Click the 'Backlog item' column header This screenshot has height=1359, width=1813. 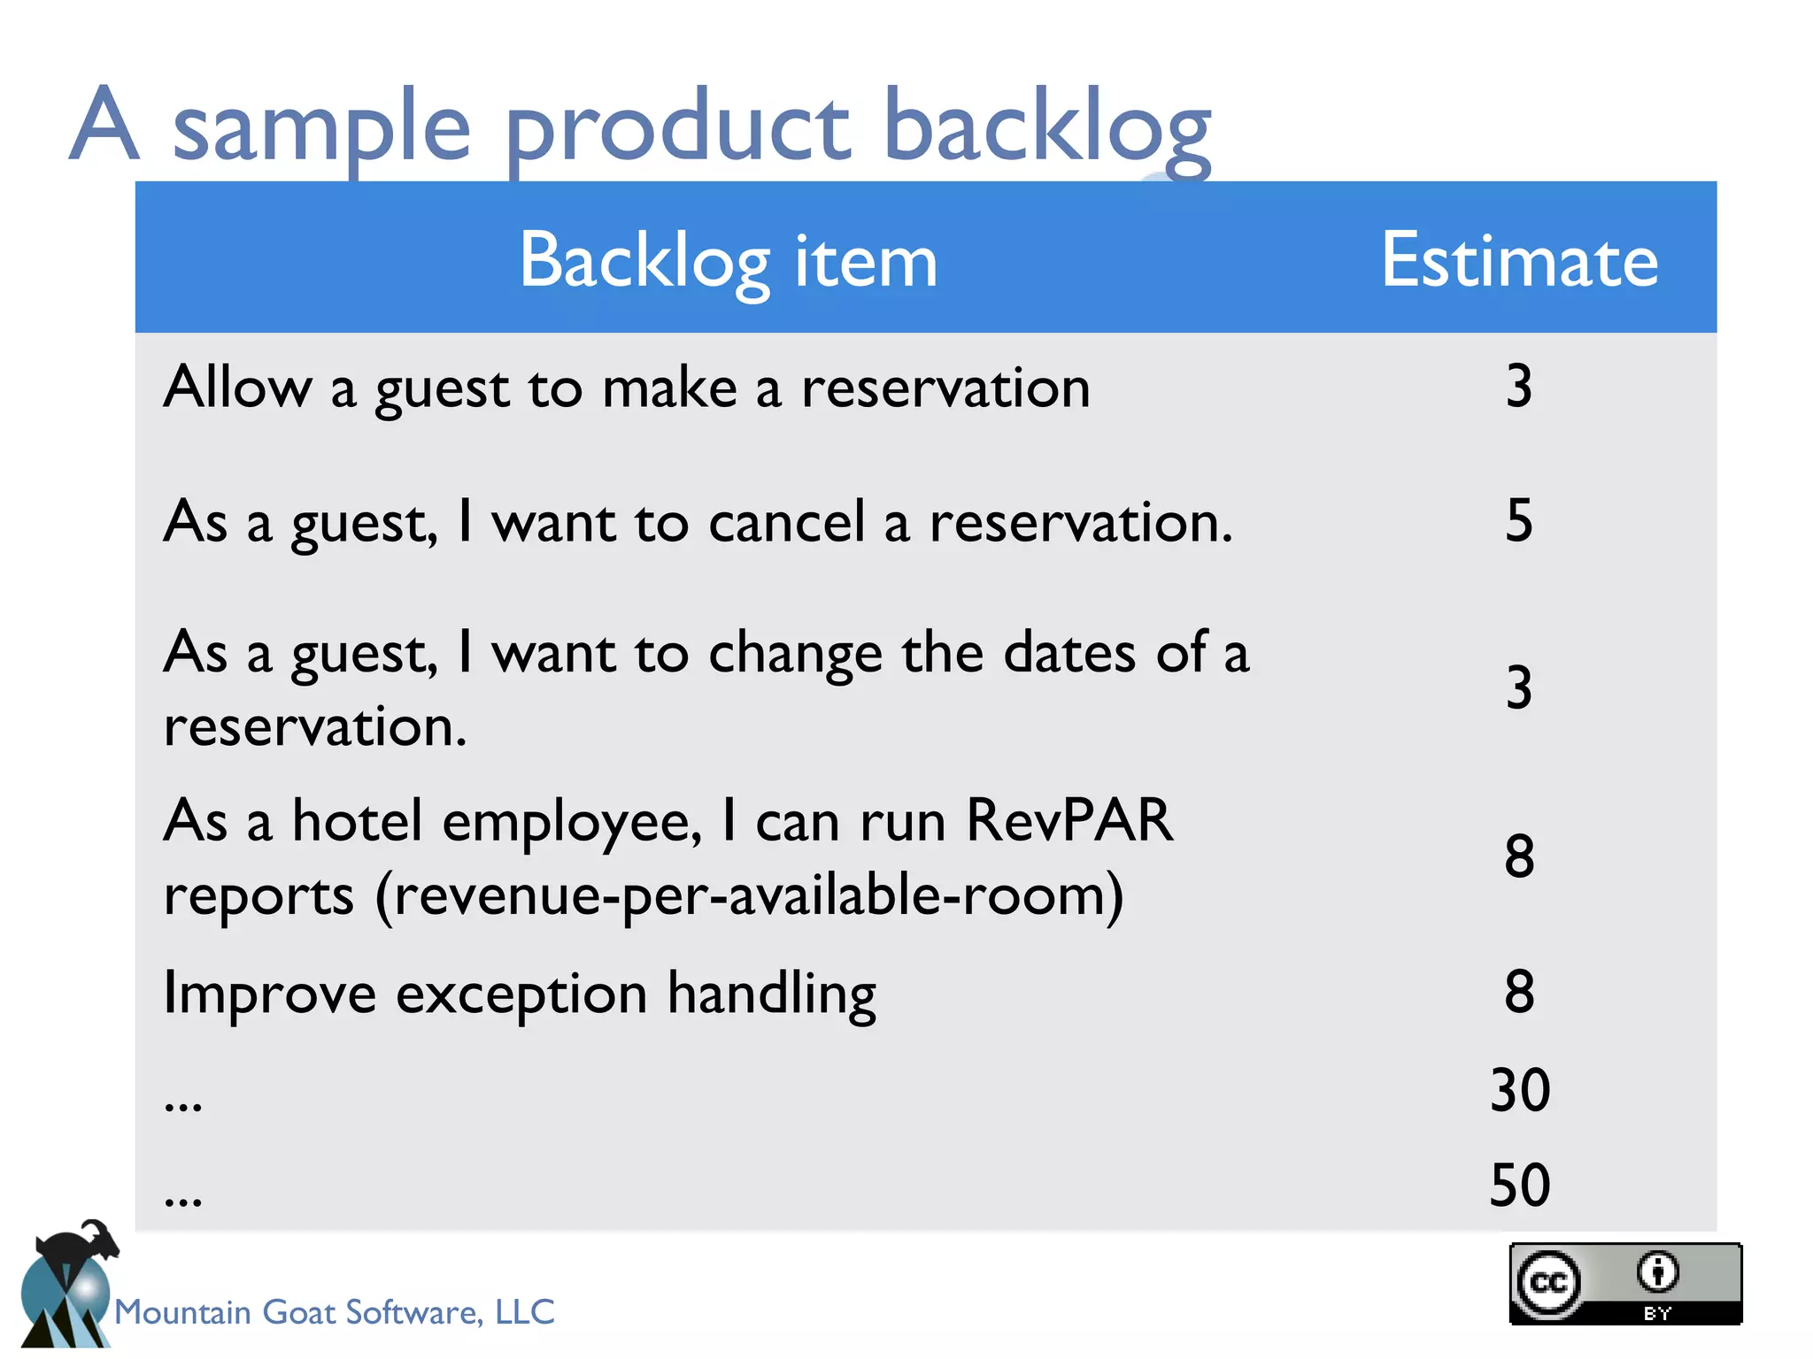pos(728,261)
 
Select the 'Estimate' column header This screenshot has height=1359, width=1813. pos(1519,261)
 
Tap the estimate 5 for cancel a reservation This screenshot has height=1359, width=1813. pos(1519,520)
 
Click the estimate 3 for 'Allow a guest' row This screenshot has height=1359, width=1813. pos(1519,387)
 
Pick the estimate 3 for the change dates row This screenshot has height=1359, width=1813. pos(1519,687)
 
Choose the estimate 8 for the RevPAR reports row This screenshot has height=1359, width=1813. pos(1519,856)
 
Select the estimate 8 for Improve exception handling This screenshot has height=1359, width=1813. pos(1519,992)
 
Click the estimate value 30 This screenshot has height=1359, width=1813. pos(1519,1089)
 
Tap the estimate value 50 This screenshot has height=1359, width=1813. pos(1519,1186)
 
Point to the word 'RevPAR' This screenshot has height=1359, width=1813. pos(1069,821)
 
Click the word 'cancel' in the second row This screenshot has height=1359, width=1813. pos(786,522)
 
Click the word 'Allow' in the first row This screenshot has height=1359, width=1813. pos(237,388)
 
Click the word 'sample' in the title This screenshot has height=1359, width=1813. pos(320,128)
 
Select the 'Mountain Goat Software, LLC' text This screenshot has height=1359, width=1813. pos(335,1312)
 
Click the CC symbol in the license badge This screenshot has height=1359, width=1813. pos(1548,1282)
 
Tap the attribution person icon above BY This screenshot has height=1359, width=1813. pos(1656,1272)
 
